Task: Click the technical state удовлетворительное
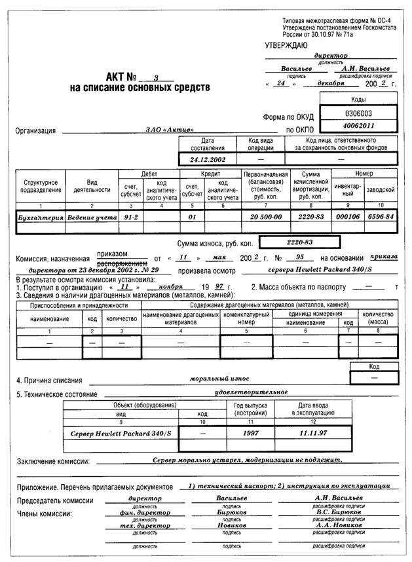[x=251, y=392]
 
